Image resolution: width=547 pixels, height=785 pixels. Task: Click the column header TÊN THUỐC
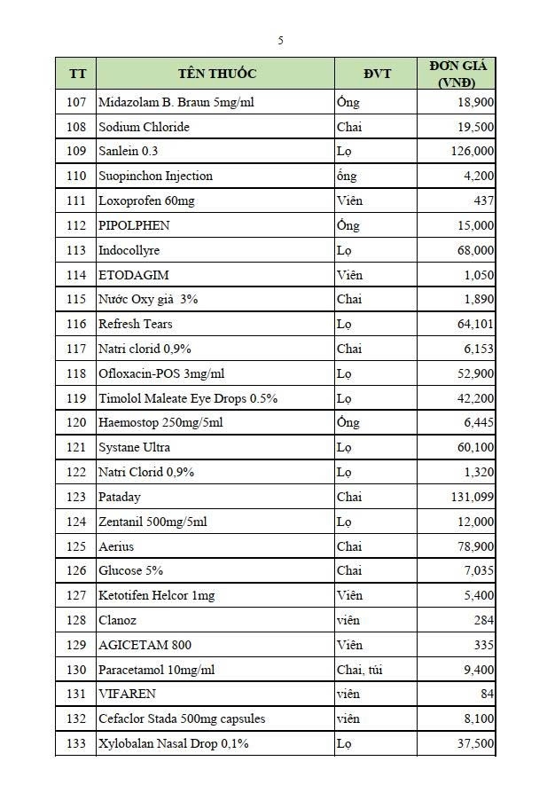217,73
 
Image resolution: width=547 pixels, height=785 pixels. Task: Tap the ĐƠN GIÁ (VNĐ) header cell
457,74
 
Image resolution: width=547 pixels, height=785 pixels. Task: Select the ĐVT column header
377,73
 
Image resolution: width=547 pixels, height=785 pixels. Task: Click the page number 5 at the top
280,40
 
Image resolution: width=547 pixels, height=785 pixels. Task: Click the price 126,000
473,152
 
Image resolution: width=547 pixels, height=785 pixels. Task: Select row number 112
76,225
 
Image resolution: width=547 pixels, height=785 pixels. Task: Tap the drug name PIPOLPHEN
134,225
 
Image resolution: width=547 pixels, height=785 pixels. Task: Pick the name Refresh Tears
136,325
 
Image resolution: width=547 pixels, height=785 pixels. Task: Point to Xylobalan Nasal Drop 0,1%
174,743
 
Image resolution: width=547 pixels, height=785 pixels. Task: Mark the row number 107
76,102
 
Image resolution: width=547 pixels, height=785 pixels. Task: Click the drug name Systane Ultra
134,448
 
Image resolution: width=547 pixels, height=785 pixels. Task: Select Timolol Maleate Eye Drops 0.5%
188,398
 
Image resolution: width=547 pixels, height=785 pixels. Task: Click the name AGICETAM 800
145,645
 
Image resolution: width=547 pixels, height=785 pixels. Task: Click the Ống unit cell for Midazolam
348,102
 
